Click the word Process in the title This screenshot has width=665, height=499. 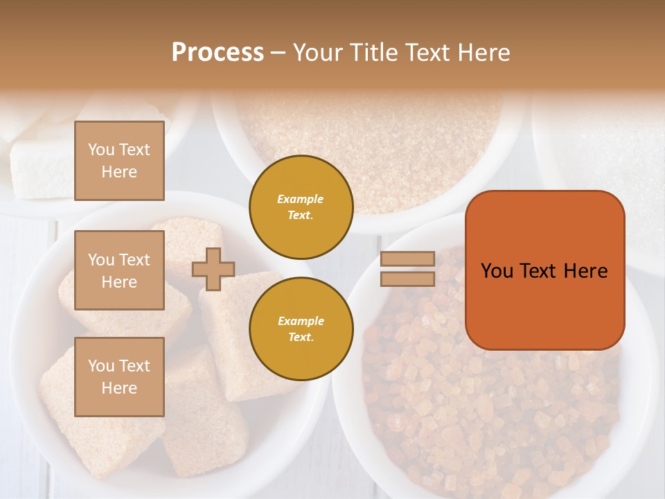pyautogui.click(x=218, y=53)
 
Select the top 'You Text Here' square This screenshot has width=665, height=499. pyautogui.click(x=119, y=161)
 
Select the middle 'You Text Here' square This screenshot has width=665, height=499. pyautogui.click(x=119, y=270)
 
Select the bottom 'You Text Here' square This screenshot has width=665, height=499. pyautogui.click(x=119, y=377)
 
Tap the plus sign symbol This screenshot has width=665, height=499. pyautogui.click(x=213, y=269)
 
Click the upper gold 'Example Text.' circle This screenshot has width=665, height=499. pyautogui.click(x=301, y=207)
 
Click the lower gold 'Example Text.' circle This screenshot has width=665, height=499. pyautogui.click(x=301, y=329)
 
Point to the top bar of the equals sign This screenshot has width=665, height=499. pyautogui.click(x=408, y=259)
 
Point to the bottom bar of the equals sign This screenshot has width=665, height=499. pyautogui.click(x=408, y=279)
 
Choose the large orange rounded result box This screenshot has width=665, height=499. pyautogui.click(x=544, y=270)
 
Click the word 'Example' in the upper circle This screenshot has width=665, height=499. pyautogui.click(x=300, y=199)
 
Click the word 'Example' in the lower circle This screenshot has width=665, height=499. pyautogui.click(x=300, y=321)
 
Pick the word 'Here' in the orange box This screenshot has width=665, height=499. pyautogui.click(x=587, y=271)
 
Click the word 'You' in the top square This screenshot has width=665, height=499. pyautogui.click(x=100, y=150)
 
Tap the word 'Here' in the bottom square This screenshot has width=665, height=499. pyautogui.click(x=119, y=388)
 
